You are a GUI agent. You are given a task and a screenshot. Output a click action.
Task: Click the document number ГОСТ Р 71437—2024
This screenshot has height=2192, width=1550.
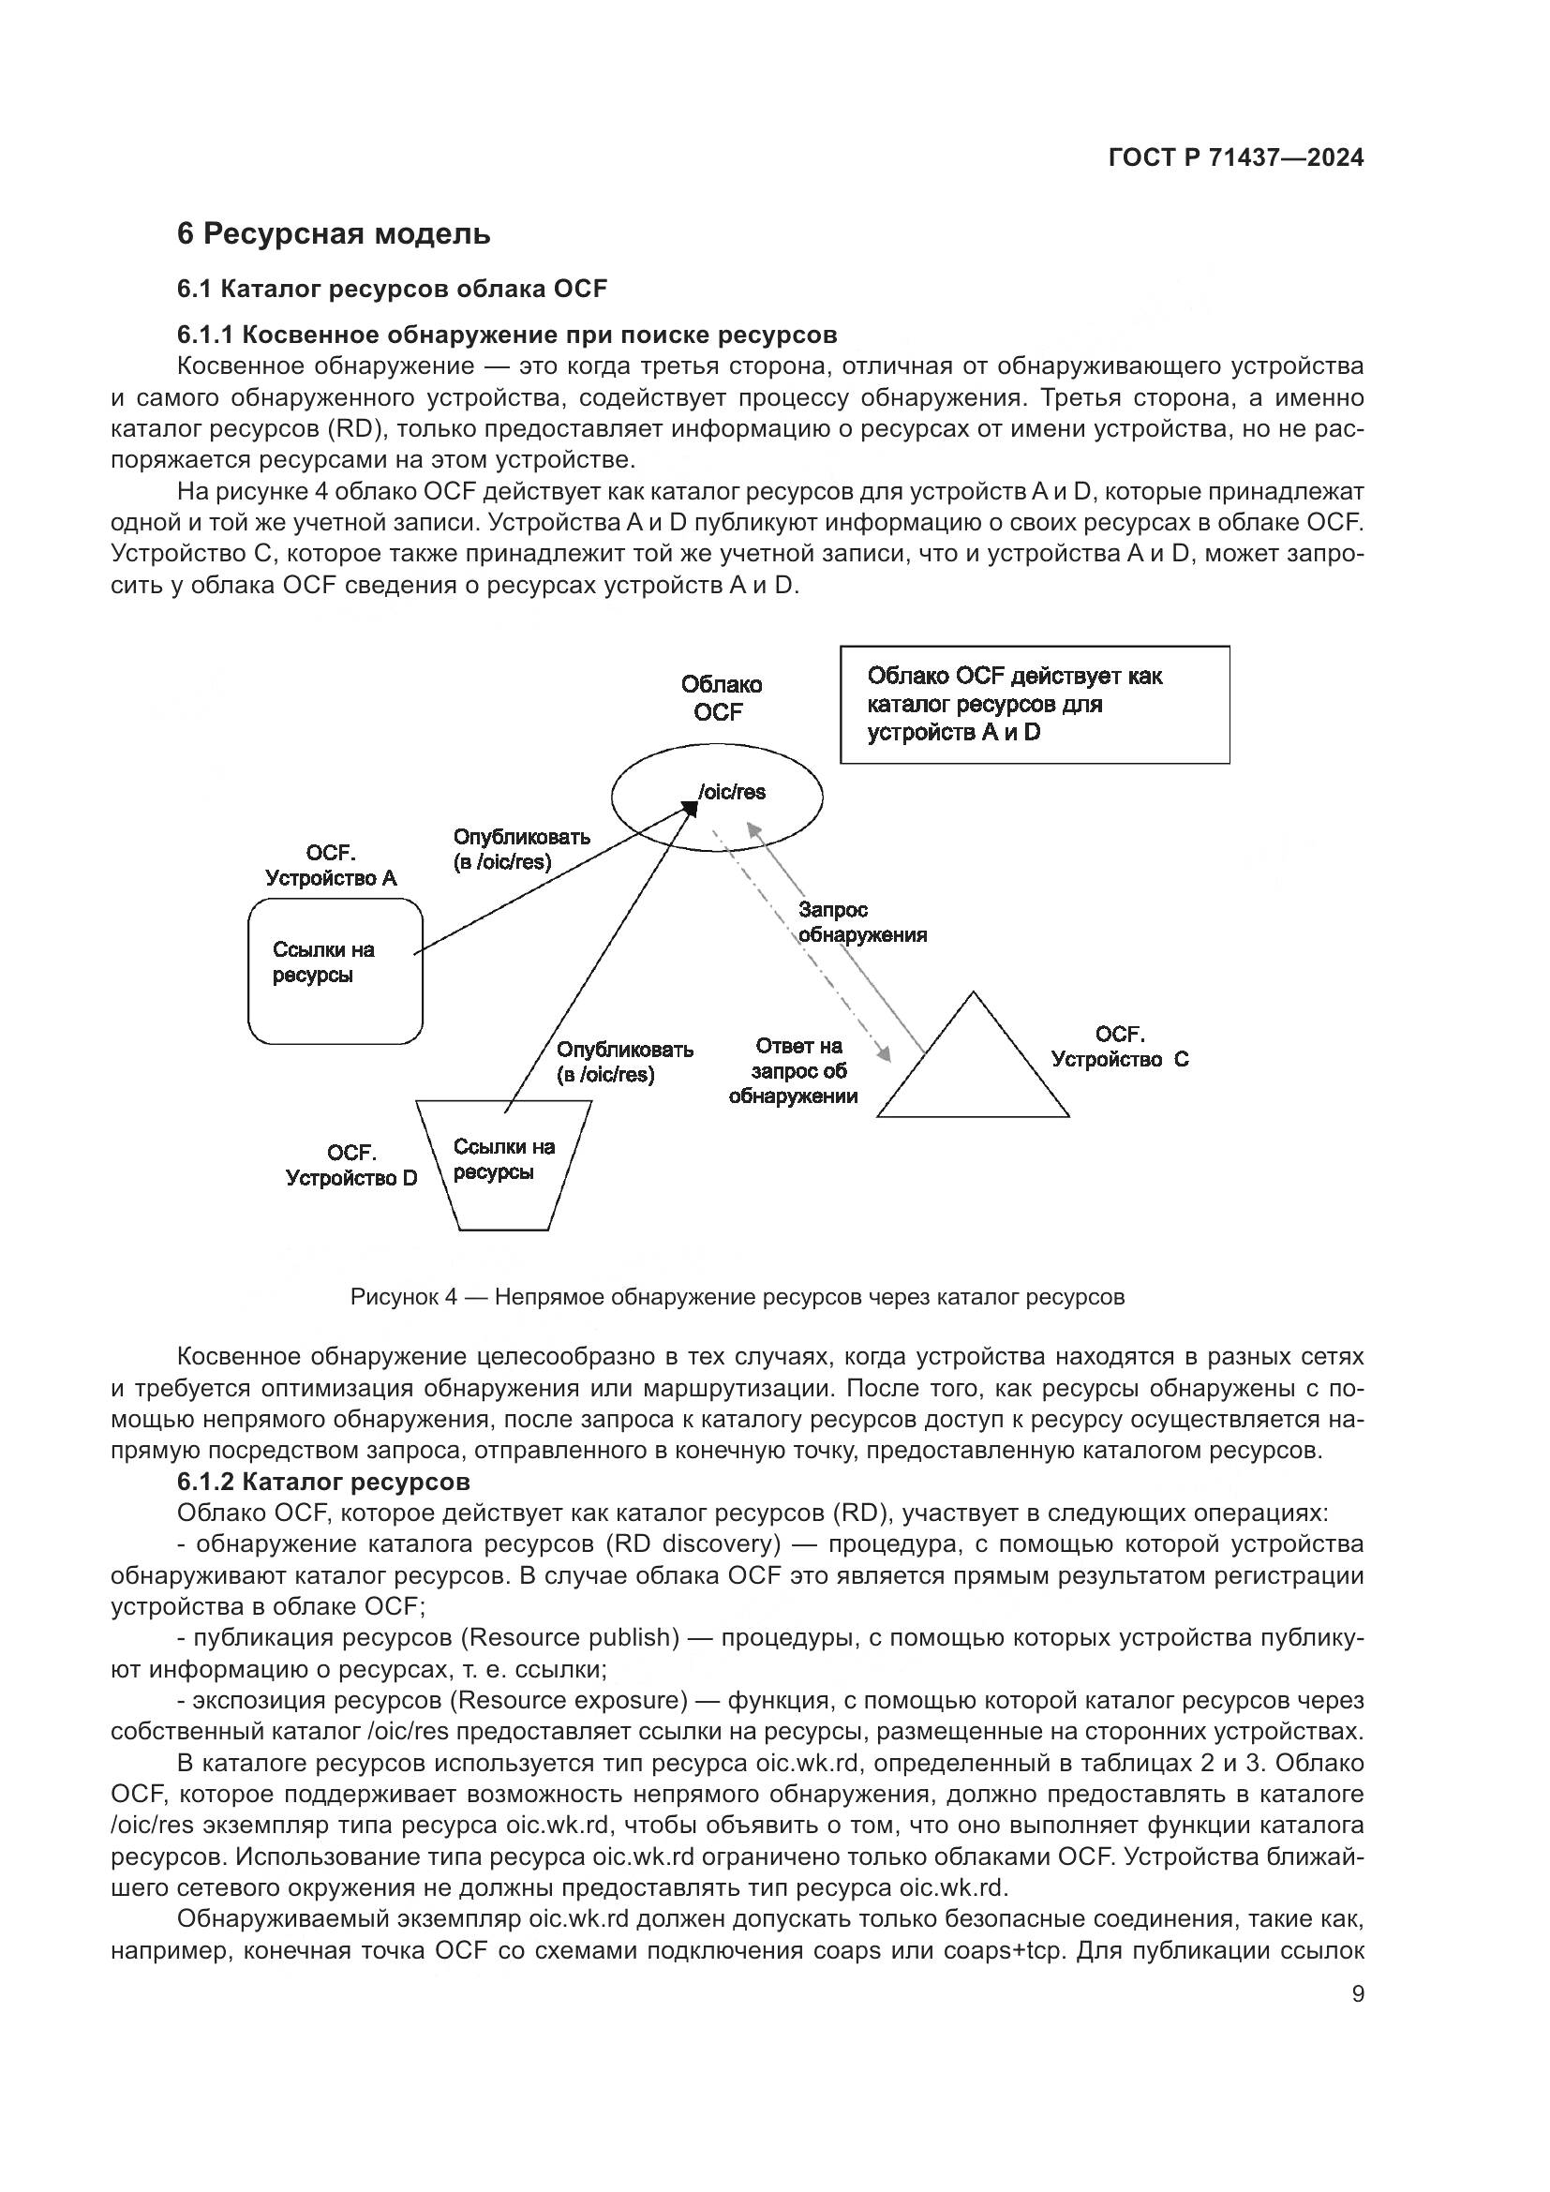(1235, 158)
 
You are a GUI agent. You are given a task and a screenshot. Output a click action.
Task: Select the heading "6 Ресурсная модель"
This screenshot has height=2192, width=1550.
(333, 234)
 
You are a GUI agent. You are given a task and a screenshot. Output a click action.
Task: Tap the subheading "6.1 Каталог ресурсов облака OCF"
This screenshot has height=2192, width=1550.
(392, 290)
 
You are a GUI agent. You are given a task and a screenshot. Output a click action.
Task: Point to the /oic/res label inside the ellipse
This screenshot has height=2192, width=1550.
(732, 793)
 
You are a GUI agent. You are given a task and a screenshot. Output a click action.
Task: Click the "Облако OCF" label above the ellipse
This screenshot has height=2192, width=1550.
(721, 699)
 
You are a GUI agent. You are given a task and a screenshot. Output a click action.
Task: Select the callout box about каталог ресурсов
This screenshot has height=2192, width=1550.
(1034, 705)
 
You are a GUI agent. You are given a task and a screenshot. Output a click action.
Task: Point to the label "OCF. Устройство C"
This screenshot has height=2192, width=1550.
(1120, 1048)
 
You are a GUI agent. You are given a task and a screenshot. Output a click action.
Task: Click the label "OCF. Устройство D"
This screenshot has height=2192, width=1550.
(351, 1166)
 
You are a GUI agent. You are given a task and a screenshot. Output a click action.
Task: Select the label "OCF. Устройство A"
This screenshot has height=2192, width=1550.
(330, 866)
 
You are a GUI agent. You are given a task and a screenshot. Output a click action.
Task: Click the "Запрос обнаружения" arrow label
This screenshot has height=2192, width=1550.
(862, 922)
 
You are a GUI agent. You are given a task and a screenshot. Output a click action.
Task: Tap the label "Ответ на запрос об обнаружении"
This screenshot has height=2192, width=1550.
(794, 1071)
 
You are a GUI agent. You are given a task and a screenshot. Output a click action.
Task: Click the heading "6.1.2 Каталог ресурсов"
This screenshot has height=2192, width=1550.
(323, 1482)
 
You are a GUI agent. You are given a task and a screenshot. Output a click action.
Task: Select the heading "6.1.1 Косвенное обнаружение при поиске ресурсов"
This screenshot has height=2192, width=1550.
(507, 336)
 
